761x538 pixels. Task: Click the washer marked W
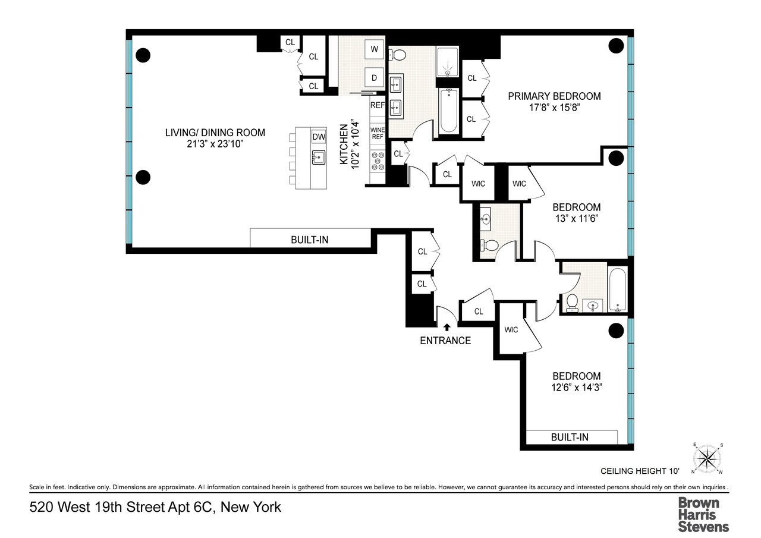click(375, 49)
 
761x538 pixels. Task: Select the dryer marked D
click(375, 78)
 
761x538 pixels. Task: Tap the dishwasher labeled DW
click(319, 137)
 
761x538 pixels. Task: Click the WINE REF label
click(378, 133)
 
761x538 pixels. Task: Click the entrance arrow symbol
click(446, 326)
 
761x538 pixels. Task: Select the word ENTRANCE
click(445, 341)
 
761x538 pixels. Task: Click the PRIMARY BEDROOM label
click(554, 96)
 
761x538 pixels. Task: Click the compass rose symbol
click(707, 458)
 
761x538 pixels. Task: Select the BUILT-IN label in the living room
click(309, 240)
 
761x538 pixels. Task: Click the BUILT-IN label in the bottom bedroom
click(570, 437)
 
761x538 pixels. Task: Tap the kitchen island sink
click(319, 158)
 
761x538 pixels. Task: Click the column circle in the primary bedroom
click(616, 46)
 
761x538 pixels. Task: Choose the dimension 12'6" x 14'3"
click(577, 388)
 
